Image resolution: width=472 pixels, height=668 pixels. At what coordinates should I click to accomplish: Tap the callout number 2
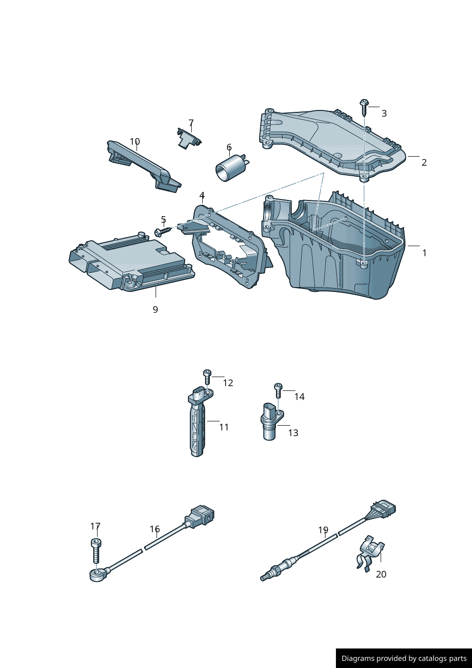(424, 162)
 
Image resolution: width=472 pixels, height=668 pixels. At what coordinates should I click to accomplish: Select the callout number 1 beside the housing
(424, 253)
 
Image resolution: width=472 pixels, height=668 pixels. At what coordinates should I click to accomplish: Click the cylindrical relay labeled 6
(232, 168)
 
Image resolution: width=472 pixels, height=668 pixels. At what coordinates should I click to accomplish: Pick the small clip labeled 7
(189, 138)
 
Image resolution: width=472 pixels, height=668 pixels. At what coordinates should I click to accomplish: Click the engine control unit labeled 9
(131, 260)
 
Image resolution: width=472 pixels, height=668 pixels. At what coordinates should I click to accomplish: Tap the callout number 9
(155, 309)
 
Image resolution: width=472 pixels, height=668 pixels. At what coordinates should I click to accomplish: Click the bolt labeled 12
(207, 377)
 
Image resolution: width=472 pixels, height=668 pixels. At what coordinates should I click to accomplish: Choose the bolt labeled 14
(278, 390)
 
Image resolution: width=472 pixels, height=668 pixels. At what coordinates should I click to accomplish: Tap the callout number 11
(224, 428)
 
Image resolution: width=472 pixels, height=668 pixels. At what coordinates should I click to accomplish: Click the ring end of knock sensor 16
(96, 575)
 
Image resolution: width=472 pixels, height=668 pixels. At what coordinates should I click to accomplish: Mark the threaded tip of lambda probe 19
(264, 578)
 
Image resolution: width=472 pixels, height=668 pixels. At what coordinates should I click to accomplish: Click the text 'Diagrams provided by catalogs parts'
(404, 658)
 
